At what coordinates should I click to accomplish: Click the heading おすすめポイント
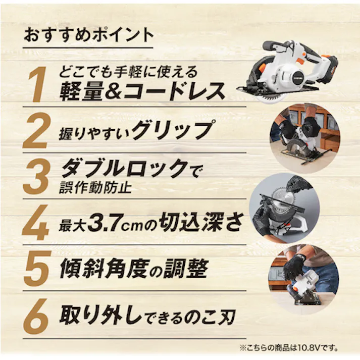tap(88, 36)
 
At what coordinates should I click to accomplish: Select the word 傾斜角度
tap(104, 269)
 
